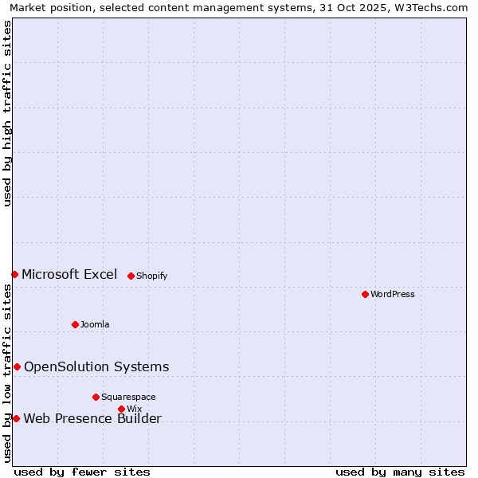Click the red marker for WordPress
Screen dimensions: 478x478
365,294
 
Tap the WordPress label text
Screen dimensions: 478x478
393,295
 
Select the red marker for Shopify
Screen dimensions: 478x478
131,276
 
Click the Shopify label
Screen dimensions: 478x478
151,276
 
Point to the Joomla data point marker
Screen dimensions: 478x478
75,324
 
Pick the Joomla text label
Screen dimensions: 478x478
95,325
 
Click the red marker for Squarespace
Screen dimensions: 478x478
96,397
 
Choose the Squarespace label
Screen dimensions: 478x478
128,398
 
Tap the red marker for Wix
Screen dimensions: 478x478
121,409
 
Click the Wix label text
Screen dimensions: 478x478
134,409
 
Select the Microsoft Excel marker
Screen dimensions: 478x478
14,274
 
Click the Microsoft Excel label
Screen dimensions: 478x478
69,275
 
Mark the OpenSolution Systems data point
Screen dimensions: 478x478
17,366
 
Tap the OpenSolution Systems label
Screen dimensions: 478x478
96,367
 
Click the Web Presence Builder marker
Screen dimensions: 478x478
16,418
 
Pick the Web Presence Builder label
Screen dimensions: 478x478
92,419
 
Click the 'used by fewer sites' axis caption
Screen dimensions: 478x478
82,472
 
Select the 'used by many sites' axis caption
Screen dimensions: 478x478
400,472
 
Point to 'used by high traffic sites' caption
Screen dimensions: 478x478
8,113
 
